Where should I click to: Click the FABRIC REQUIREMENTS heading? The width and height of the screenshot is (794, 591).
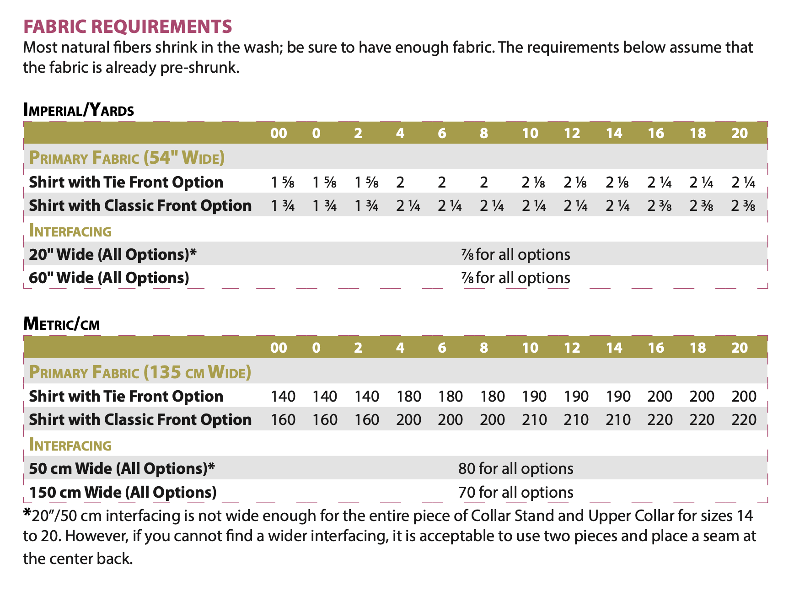(x=128, y=27)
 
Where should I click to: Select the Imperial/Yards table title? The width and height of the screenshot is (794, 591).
(x=79, y=110)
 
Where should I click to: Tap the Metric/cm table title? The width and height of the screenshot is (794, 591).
(x=61, y=324)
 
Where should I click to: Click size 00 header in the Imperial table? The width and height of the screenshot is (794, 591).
(x=279, y=133)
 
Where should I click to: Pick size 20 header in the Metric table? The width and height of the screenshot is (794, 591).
(x=739, y=348)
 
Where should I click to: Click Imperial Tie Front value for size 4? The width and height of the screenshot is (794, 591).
(x=400, y=183)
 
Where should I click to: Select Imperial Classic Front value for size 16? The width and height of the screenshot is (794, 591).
(x=660, y=206)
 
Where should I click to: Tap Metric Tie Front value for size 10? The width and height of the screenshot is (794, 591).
(x=534, y=396)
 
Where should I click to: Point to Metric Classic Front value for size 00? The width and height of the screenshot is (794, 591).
(x=283, y=419)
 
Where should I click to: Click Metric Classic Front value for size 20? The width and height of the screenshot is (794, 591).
(x=744, y=419)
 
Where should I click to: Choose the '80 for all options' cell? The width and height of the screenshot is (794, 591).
(x=515, y=468)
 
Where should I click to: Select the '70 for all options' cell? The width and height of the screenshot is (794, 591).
(x=515, y=492)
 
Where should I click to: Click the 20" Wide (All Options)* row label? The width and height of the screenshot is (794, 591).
(x=113, y=254)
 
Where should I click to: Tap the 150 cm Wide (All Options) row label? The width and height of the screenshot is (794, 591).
(x=123, y=492)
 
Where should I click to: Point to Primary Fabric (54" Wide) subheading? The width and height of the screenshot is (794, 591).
(x=127, y=158)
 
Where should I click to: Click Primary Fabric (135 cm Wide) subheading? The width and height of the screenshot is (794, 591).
(x=140, y=372)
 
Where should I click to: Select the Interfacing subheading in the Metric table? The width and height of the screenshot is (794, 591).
(x=70, y=445)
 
